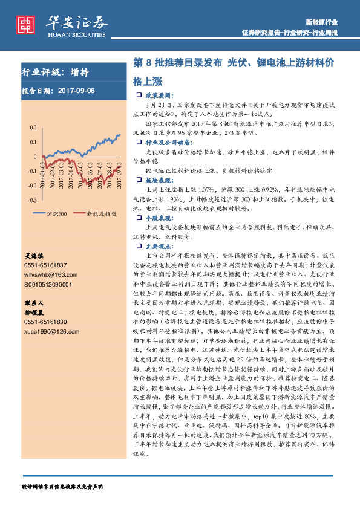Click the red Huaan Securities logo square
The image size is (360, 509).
(x=26, y=24)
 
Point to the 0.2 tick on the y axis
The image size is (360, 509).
(x=33, y=128)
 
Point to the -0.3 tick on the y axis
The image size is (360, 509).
(x=31, y=199)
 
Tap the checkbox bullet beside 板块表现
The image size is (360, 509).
(x=140, y=180)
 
